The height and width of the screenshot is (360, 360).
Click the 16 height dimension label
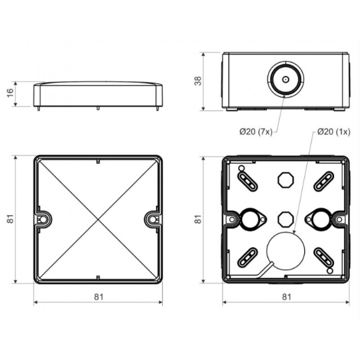(10, 93)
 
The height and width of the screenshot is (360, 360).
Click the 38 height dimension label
(198, 81)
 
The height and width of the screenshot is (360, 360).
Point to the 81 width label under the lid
(99, 297)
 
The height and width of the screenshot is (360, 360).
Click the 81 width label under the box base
(287, 297)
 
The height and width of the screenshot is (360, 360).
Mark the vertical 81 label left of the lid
(10, 219)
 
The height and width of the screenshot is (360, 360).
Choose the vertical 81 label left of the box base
(198, 219)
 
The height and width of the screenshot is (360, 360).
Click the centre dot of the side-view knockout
(285, 80)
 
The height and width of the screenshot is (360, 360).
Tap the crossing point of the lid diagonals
(98, 220)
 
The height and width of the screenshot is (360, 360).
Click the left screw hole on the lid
(43, 220)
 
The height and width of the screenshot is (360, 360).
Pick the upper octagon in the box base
(286, 180)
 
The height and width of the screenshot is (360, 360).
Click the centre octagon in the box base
(286, 219)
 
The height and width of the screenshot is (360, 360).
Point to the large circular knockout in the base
(285, 251)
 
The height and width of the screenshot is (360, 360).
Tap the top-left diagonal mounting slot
(247, 181)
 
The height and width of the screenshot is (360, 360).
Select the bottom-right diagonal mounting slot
(324, 257)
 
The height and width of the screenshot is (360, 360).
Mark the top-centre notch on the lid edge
(98, 161)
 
